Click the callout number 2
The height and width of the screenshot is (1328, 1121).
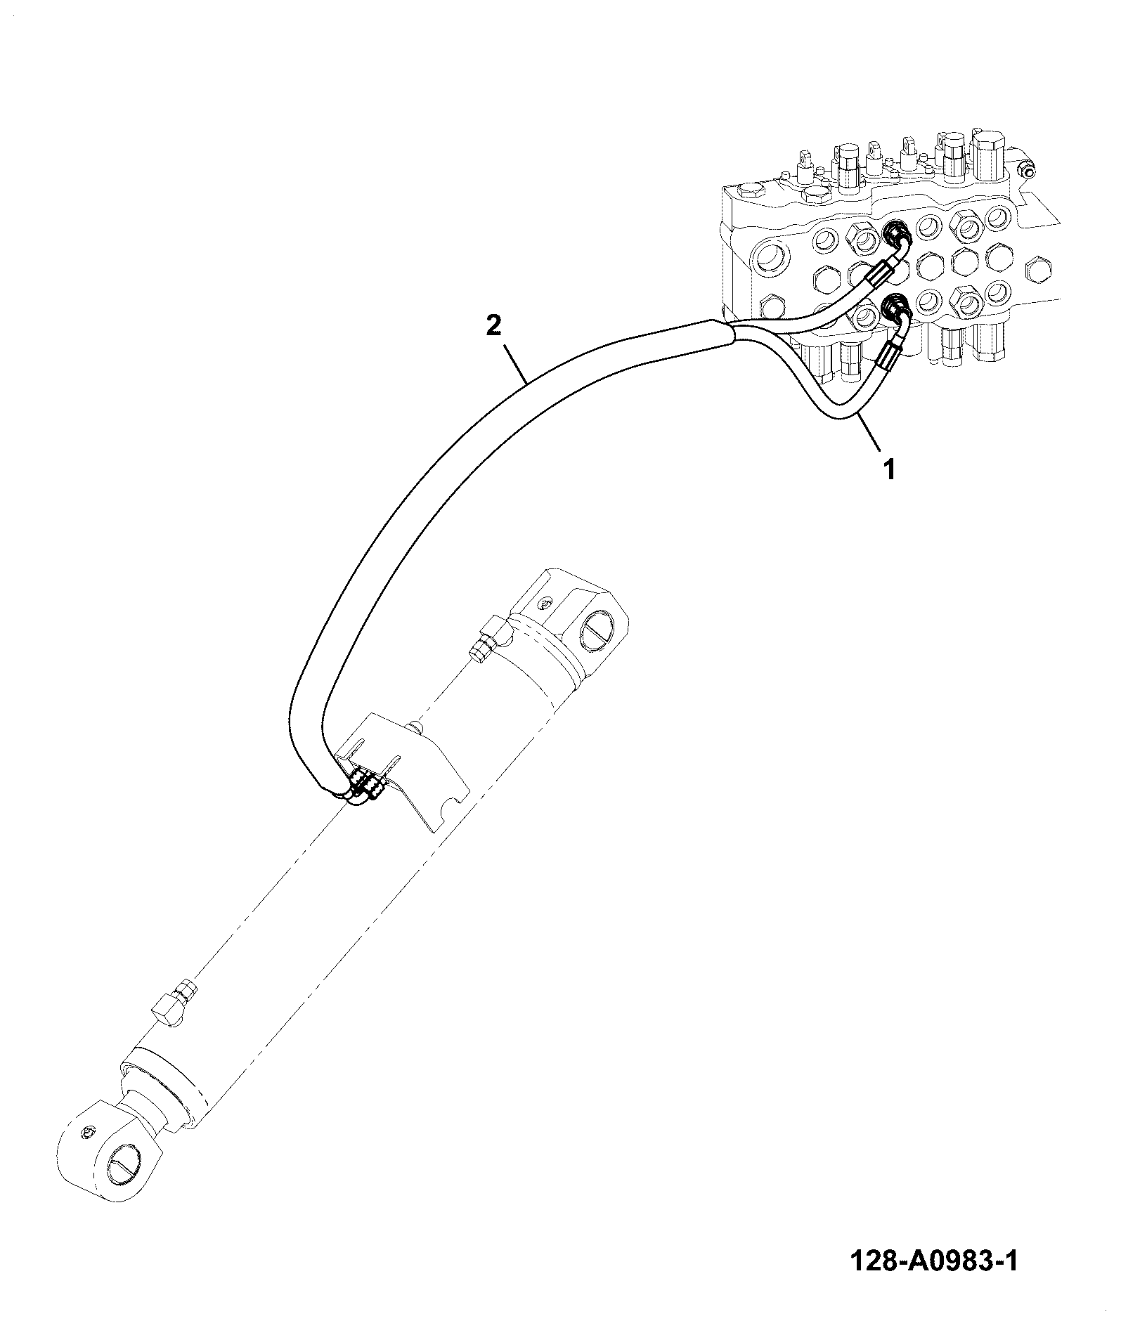tap(494, 326)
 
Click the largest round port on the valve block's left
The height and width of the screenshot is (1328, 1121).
tap(772, 259)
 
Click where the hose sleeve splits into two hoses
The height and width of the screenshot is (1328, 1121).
tap(731, 334)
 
